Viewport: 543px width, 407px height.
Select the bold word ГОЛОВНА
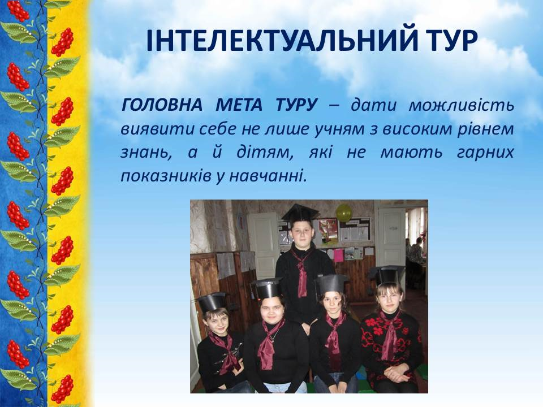[x=162, y=105]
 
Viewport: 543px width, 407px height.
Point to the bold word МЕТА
[x=239, y=105]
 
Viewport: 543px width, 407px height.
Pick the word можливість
[x=462, y=105]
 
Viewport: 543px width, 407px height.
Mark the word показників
[x=166, y=176]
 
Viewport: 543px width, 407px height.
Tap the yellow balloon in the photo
[x=343, y=213]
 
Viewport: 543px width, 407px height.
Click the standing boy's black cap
[x=300, y=213]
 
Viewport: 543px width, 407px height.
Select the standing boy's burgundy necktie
[x=301, y=274]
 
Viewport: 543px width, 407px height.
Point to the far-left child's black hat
[x=212, y=302]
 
